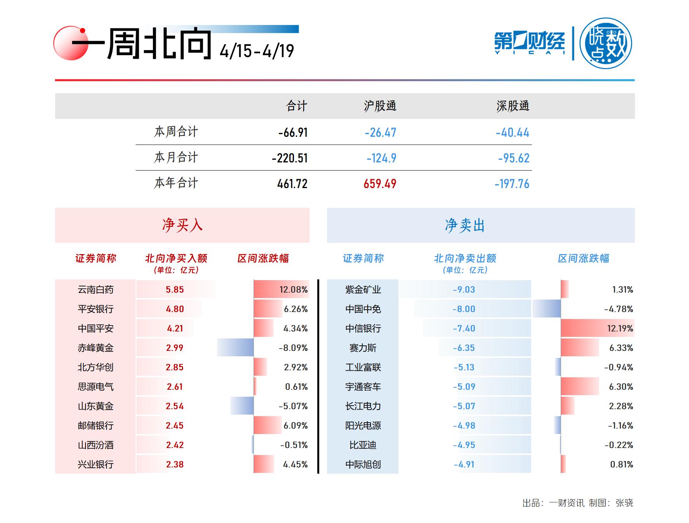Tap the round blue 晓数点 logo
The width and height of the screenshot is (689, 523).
605,44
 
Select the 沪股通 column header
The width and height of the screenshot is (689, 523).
380,106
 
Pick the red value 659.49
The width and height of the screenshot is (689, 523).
379,183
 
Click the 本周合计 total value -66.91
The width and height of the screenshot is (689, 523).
293,132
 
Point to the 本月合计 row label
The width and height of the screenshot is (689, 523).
176,157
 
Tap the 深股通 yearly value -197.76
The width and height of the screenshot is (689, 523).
512,183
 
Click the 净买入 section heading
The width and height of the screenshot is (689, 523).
182,225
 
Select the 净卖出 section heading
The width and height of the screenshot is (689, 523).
465,225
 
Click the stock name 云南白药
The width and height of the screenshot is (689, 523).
96,289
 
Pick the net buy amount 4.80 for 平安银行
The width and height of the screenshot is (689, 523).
175,309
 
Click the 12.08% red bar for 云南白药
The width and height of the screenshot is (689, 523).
281,289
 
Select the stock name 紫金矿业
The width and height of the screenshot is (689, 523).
363,289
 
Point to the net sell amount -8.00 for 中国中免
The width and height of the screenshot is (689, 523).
463,309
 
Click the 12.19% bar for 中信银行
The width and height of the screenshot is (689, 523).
597,328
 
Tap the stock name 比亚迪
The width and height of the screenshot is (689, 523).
363,445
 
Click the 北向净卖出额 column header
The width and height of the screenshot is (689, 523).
465,258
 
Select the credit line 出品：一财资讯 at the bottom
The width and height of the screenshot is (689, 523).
553,503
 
